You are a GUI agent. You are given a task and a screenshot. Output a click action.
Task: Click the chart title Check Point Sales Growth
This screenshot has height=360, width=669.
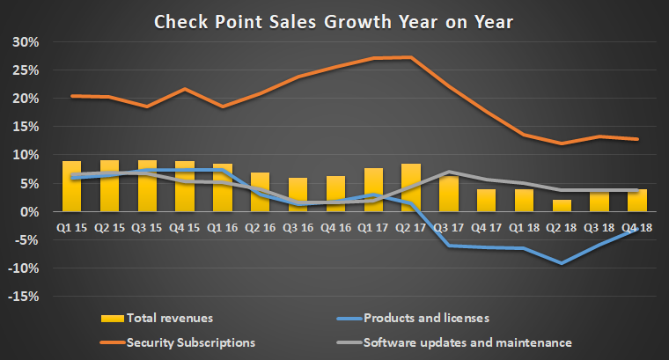[x=334, y=21]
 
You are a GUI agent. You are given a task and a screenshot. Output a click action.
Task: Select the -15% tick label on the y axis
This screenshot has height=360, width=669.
[x=25, y=297]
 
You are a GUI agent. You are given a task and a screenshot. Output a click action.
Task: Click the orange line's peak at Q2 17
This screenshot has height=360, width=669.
[x=410, y=57]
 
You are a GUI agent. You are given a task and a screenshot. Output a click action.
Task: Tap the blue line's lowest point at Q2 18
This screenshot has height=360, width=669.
[x=560, y=263]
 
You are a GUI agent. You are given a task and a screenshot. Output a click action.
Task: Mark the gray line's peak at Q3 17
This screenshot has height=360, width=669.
[x=448, y=172]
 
